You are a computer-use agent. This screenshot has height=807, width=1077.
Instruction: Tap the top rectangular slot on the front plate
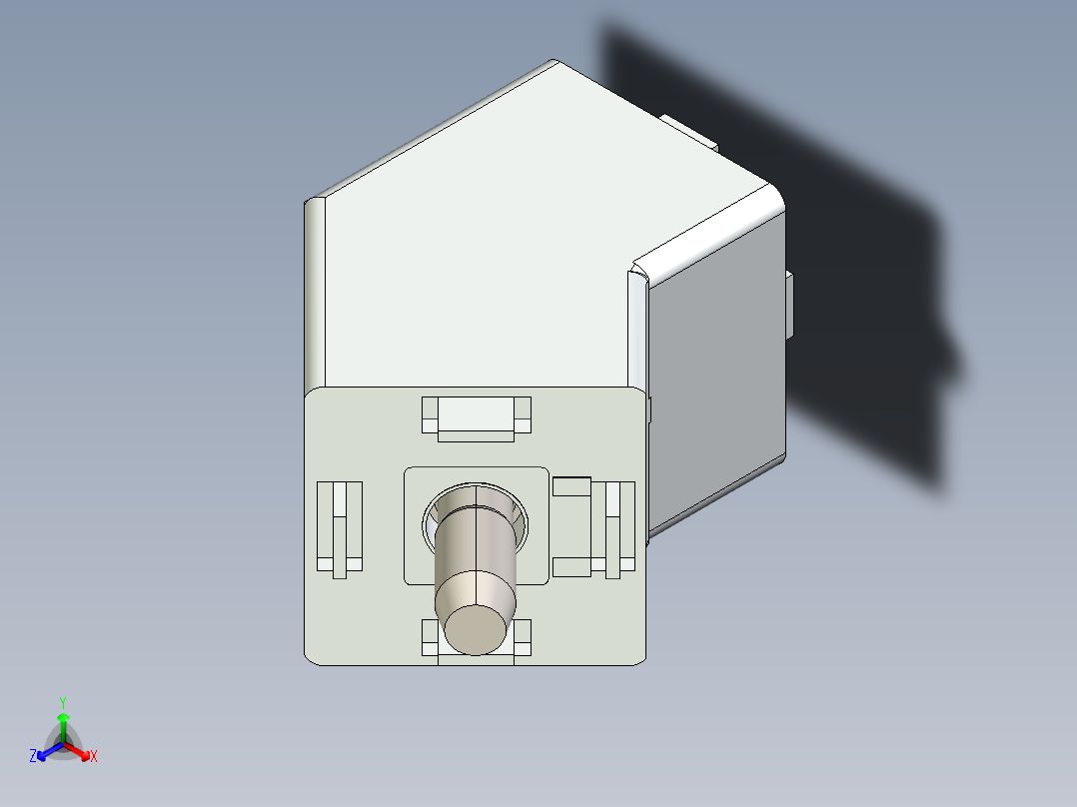[x=476, y=415]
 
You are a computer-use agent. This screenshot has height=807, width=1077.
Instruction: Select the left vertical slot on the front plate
[x=339, y=528]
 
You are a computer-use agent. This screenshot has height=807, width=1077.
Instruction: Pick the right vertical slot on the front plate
[x=619, y=528]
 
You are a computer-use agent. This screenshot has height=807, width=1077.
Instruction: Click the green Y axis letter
[x=62, y=702]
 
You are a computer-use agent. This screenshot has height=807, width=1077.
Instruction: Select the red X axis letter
[x=94, y=757]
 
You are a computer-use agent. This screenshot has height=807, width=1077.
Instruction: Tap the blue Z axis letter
[x=33, y=757]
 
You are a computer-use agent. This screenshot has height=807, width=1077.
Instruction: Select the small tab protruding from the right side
[x=790, y=305]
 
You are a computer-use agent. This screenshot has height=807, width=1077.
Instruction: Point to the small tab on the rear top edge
[x=689, y=131]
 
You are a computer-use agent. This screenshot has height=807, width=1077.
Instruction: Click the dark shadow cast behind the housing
[x=859, y=300]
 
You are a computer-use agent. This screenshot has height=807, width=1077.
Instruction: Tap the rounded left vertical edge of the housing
[x=315, y=295]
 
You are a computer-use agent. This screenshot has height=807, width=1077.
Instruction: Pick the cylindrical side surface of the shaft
[x=476, y=549]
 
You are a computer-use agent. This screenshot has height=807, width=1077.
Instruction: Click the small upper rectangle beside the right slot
[x=571, y=486]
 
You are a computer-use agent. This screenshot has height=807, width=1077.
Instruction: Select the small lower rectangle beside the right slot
[x=571, y=567]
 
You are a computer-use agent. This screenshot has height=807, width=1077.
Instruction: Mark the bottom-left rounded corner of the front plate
[x=312, y=656]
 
